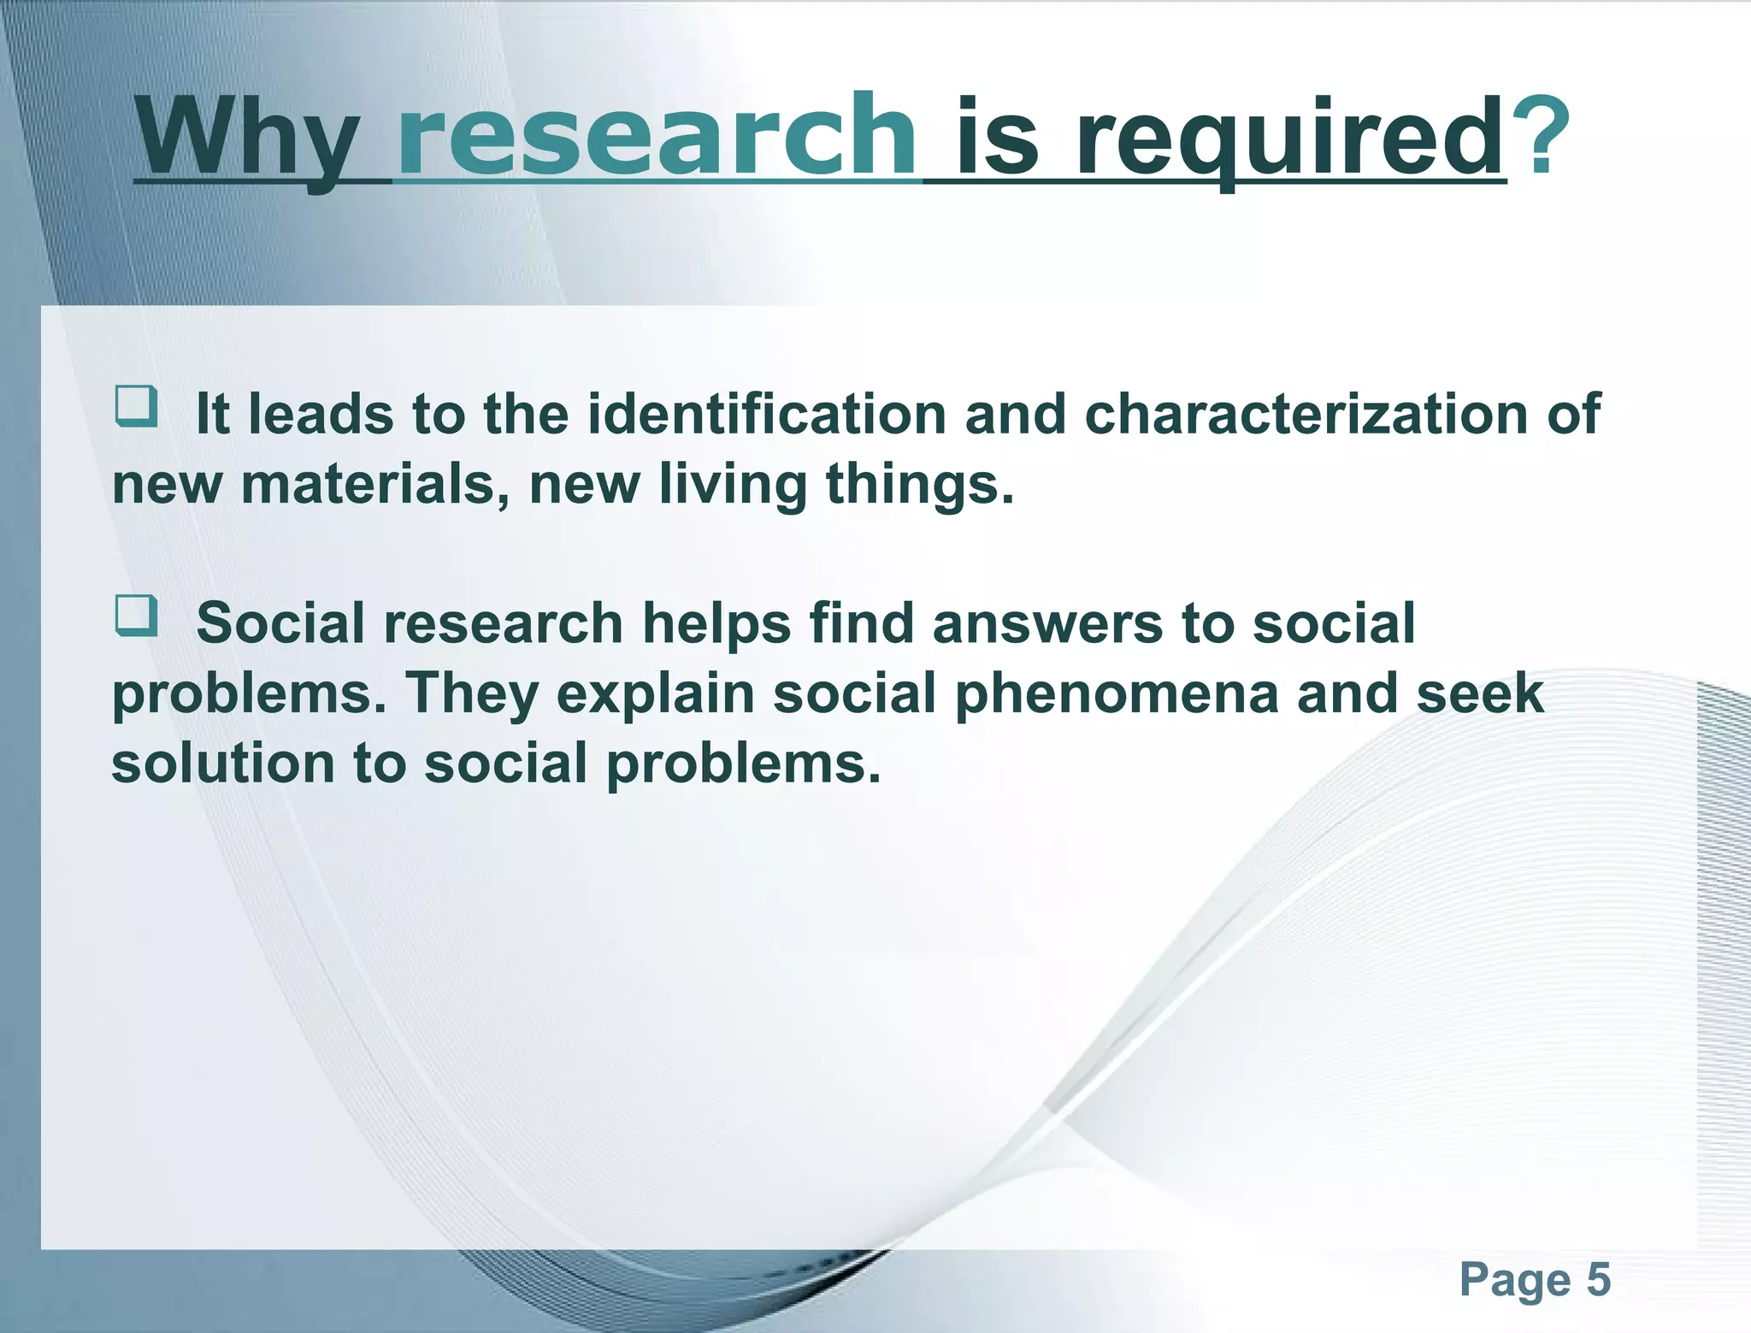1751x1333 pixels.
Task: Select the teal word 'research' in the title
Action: tap(656, 137)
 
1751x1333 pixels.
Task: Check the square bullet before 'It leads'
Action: tap(136, 406)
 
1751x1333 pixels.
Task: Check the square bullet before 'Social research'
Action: tap(136, 616)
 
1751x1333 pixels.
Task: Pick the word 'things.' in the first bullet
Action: tap(920, 484)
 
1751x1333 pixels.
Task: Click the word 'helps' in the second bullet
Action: tap(716, 623)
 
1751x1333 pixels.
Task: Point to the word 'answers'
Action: tap(1047, 623)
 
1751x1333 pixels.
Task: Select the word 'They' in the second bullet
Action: tap(472, 693)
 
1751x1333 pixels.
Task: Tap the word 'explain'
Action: tap(656, 693)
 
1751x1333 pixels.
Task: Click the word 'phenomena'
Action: tap(1116, 693)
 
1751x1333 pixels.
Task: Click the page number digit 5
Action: tap(1598, 1280)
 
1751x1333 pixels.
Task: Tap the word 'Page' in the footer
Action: tap(1514, 1280)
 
